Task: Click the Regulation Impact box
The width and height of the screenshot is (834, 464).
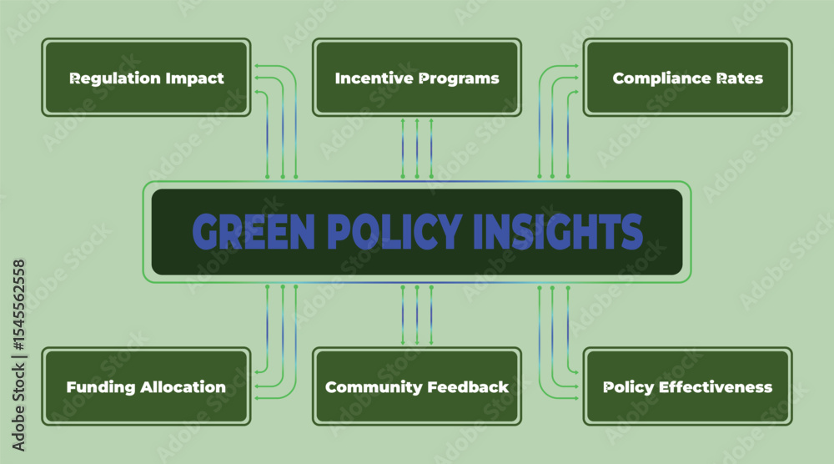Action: (x=146, y=77)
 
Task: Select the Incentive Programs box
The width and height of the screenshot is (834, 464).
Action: (x=417, y=77)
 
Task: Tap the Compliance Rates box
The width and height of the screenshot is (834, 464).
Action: (x=688, y=77)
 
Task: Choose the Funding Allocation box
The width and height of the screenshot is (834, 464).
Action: (x=146, y=386)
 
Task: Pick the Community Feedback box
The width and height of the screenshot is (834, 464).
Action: (x=417, y=386)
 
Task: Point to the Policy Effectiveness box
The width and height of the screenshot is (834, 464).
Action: (x=688, y=386)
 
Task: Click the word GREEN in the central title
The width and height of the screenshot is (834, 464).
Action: (x=254, y=232)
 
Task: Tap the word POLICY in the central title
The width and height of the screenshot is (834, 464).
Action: (x=394, y=232)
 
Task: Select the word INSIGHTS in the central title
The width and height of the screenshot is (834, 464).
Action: (x=558, y=232)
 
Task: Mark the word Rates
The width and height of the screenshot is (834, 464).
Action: (x=740, y=78)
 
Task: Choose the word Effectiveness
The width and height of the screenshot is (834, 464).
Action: (x=716, y=387)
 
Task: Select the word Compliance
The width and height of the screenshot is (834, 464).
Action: (x=662, y=78)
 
